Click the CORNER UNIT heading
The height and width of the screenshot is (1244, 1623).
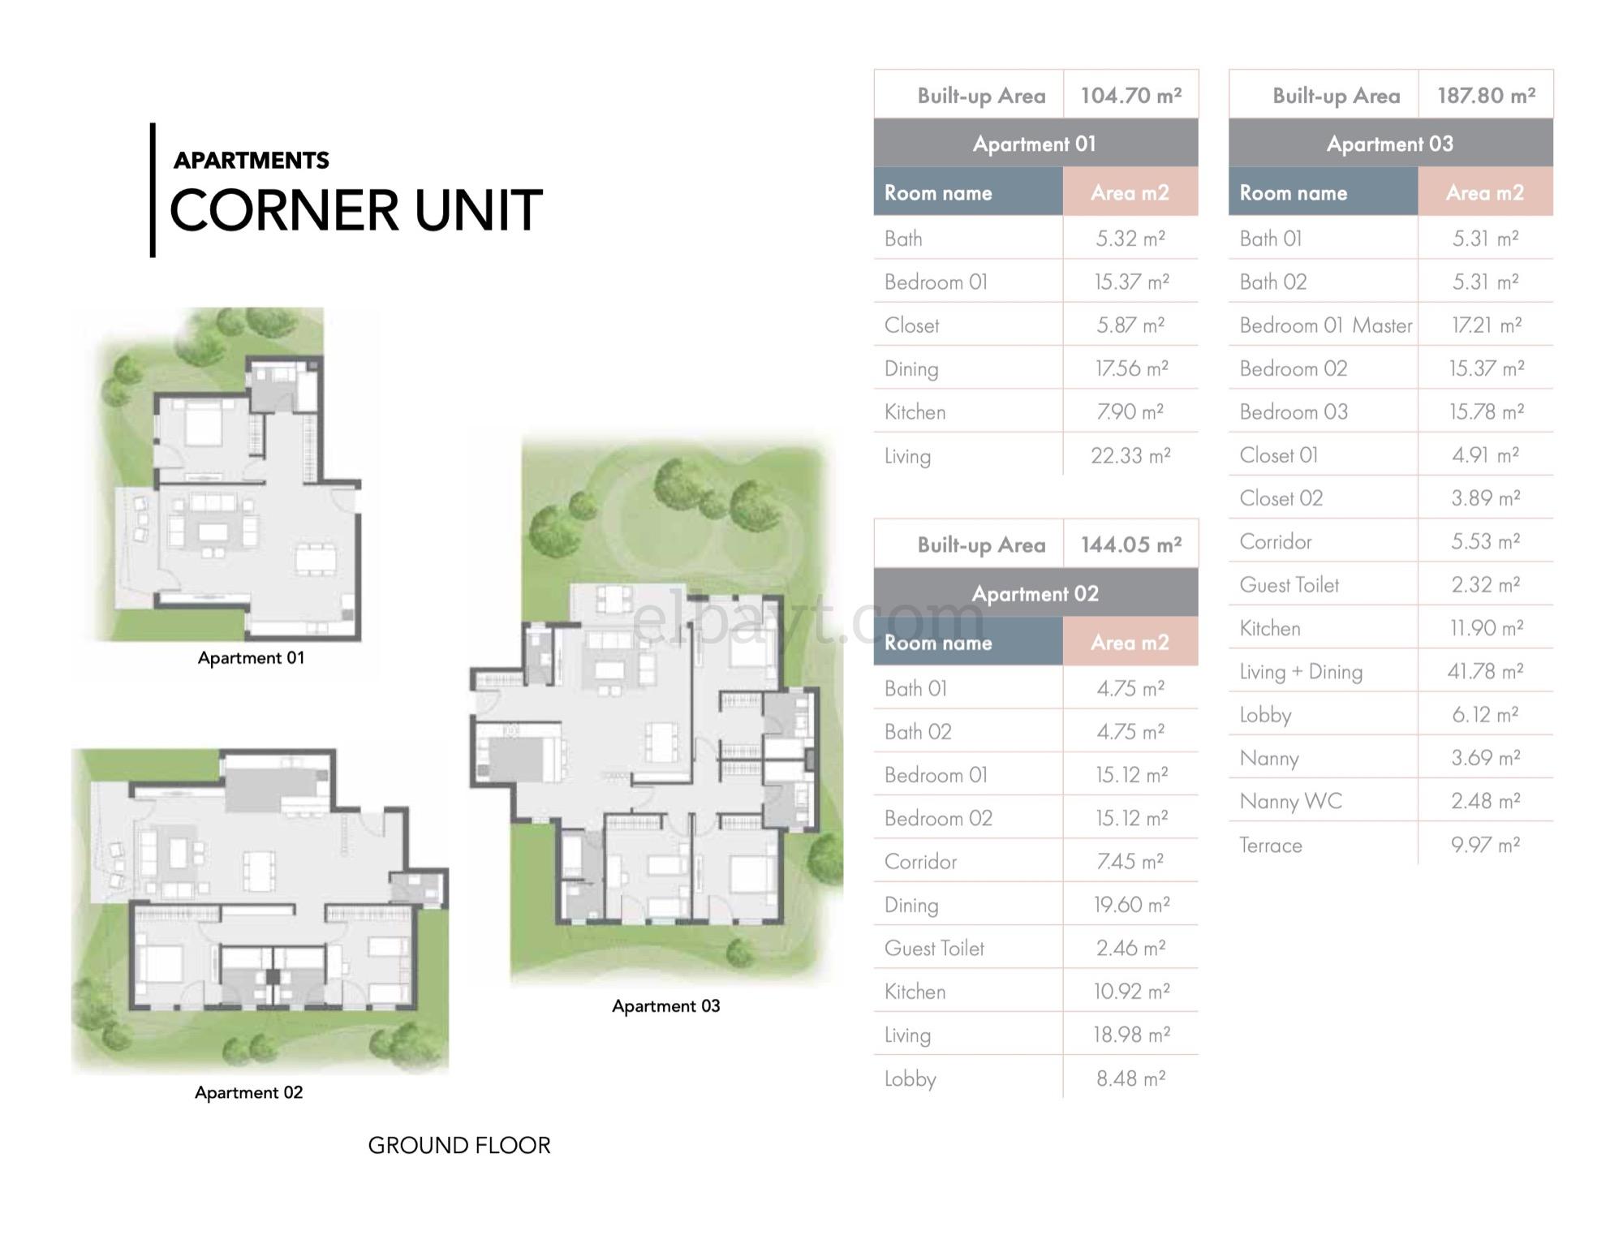(355, 210)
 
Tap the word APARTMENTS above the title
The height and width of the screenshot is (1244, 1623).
(252, 160)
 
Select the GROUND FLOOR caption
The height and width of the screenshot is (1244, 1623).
(459, 1145)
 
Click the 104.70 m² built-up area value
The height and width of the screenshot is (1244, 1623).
(1131, 95)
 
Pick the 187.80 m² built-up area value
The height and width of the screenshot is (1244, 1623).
(1486, 95)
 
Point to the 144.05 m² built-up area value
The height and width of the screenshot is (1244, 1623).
(1131, 545)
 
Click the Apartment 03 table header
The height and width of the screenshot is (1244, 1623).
(1390, 144)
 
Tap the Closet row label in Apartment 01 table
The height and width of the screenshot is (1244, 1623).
(911, 325)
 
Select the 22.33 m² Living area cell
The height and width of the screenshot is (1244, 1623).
(1130, 455)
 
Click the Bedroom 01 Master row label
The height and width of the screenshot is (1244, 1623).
(1326, 325)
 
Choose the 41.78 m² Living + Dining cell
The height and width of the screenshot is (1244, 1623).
(1485, 671)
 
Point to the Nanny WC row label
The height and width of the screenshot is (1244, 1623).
(1291, 801)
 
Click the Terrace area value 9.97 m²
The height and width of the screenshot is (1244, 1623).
(1485, 845)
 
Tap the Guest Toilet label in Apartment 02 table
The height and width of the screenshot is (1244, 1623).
(934, 948)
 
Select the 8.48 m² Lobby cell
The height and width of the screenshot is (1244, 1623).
(1130, 1078)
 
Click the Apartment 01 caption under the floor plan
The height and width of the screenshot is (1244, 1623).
(252, 657)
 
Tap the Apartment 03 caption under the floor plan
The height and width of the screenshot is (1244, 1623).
(666, 1006)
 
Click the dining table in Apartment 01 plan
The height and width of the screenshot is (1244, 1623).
(316, 558)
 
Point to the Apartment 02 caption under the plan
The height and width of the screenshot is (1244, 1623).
(249, 1092)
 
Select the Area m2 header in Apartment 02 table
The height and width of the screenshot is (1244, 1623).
(1130, 642)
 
